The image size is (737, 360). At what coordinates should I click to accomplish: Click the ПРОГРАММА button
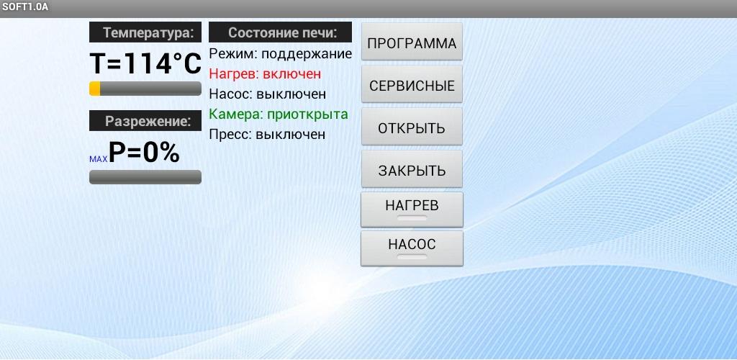pyautogui.click(x=412, y=42)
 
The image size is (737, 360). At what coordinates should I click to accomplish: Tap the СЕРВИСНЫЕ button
pyautogui.click(x=412, y=84)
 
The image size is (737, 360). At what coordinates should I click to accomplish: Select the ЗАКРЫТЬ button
pyautogui.click(x=412, y=169)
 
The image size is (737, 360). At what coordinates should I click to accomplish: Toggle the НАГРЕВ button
pyautogui.click(x=412, y=210)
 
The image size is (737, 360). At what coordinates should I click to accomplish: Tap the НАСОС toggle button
pyautogui.click(x=412, y=248)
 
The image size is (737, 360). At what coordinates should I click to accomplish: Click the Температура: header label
pyautogui.click(x=145, y=32)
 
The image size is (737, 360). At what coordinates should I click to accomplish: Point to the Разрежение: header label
pyautogui.click(x=145, y=121)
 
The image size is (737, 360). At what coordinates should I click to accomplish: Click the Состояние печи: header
pyautogui.click(x=280, y=32)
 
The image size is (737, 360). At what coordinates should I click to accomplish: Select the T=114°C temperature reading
pyautogui.click(x=145, y=63)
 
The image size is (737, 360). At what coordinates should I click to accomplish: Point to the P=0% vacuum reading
pyautogui.click(x=144, y=152)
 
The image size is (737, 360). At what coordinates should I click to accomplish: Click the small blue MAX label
pyautogui.click(x=98, y=159)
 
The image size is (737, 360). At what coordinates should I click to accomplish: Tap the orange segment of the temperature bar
pyautogui.click(x=94, y=89)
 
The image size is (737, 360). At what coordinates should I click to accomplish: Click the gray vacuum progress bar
pyautogui.click(x=145, y=177)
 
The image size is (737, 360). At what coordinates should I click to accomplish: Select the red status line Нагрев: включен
pyautogui.click(x=265, y=74)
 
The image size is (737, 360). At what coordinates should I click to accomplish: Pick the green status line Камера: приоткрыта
pyautogui.click(x=279, y=114)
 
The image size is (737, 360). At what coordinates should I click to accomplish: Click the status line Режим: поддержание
pyautogui.click(x=280, y=54)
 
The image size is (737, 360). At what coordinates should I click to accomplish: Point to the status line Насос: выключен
pyautogui.click(x=268, y=94)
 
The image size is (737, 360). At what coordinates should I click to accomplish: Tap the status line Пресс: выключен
pyautogui.click(x=267, y=135)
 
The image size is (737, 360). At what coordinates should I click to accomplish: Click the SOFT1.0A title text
pyautogui.click(x=25, y=8)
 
